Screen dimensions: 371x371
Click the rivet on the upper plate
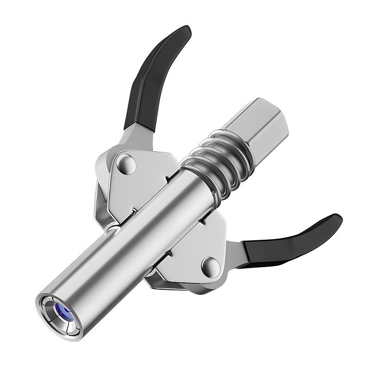point(126,163)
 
